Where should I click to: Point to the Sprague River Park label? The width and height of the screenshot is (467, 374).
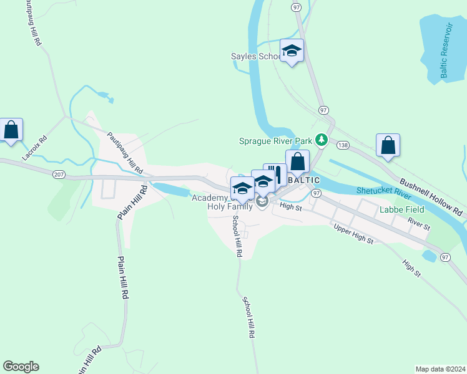[x=275, y=141]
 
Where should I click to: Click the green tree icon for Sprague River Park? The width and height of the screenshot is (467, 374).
[x=322, y=140]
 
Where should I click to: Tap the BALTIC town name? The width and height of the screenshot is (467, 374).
[x=304, y=180]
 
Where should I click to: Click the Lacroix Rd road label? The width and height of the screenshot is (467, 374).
[x=34, y=148]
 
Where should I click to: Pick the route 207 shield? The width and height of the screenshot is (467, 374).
[x=59, y=175]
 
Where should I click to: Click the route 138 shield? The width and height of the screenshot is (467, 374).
[x=342, y=145]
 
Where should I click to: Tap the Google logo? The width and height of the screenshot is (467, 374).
[x=21, y=367]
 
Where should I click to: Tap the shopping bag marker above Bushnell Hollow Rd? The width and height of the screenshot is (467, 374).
[x=388, y=145]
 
